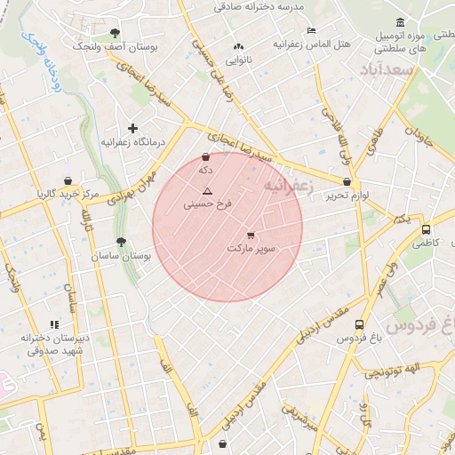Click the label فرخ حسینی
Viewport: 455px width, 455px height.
[207, 204]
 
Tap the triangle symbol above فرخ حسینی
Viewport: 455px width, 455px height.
[207, 191]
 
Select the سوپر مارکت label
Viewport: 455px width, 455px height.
[251, 248]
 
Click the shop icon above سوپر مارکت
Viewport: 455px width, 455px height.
[251, 235]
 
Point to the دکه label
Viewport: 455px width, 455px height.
[206, 169]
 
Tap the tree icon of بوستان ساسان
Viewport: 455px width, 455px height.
[121, 242]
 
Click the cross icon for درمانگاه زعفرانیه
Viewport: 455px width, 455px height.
[133, 129]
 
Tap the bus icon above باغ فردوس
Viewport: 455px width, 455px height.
[359, 325]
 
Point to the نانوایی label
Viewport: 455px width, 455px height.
[238, 60]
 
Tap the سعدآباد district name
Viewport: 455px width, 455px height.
[388, 68]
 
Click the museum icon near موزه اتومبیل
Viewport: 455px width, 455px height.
[401, 22]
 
